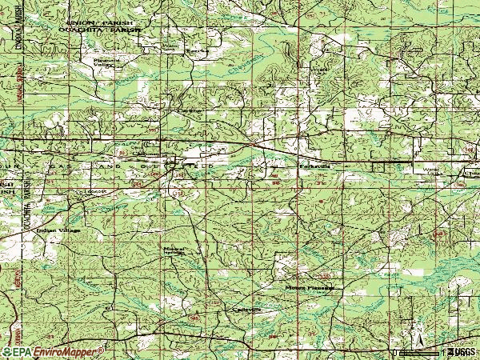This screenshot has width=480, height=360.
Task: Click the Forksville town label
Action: [309, 166]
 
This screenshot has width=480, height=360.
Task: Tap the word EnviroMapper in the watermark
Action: [67, 351]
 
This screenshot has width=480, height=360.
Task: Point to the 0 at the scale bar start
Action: [395, 352]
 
